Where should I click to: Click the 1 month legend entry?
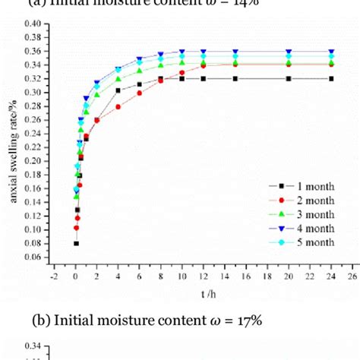click(x=301, y=186)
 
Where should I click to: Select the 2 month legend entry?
click(x=301, y=200)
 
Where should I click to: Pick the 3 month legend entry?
click(x=301, y=213)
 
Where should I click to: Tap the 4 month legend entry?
click(x=301, y=227)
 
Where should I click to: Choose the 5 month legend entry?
click(x=301, y=242)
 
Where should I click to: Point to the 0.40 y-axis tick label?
click(x=31, y=24)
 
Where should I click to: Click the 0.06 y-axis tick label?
click(x=31, y=257)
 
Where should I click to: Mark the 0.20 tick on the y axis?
click(x=31, y=161)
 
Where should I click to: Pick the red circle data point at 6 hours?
click(x=139, y=93)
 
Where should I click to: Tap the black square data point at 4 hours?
click(x=118, y=90)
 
